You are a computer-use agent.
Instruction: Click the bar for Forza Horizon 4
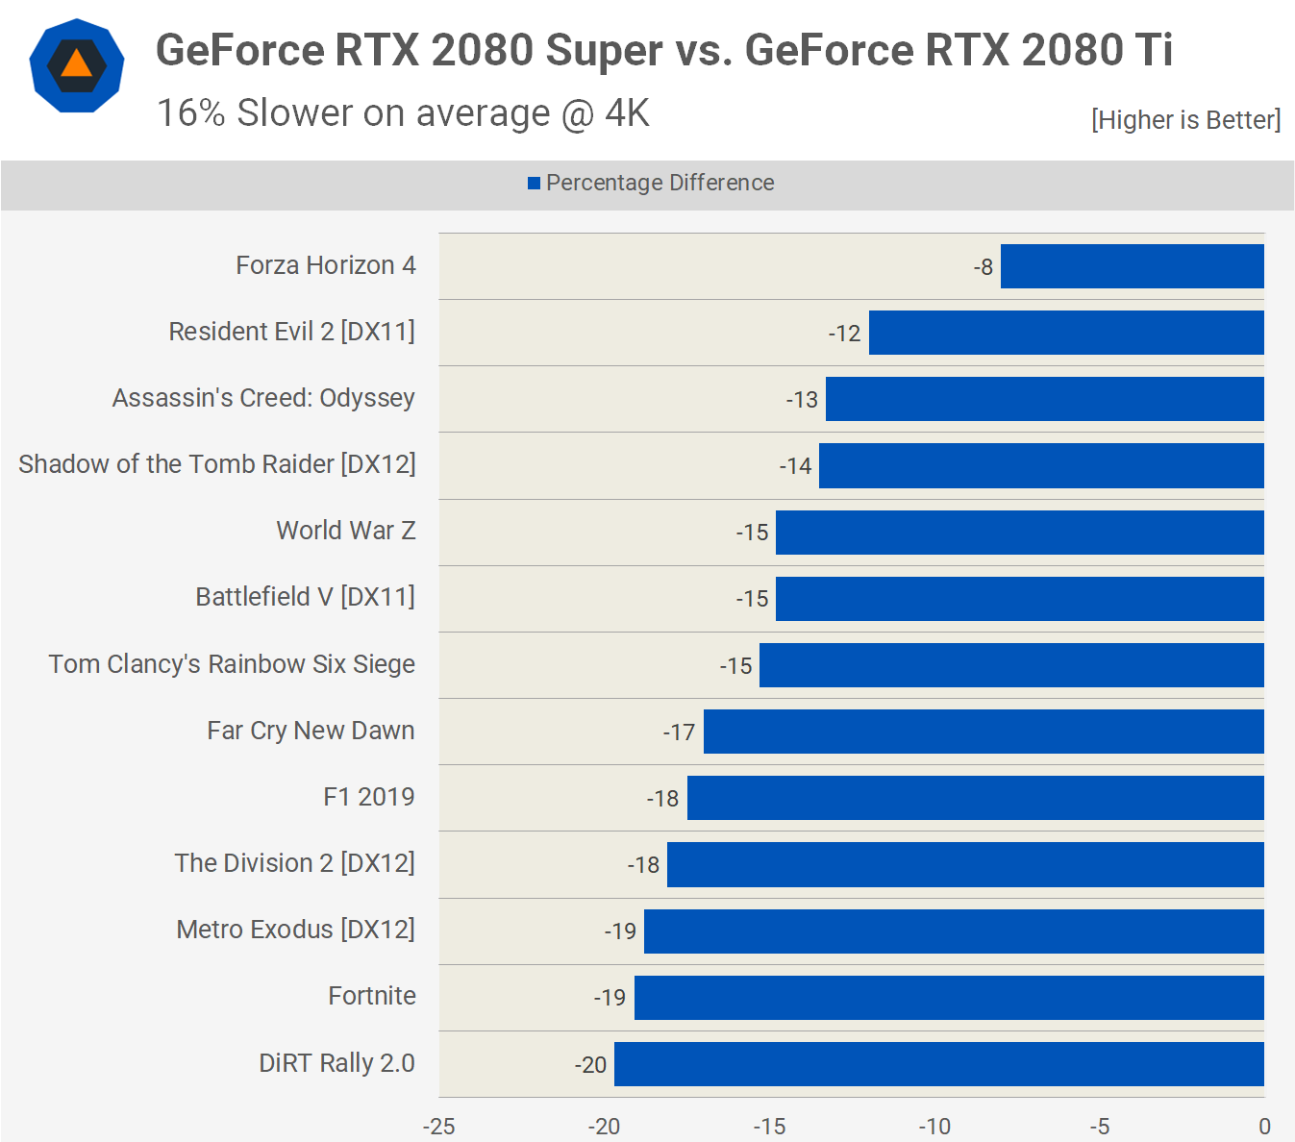1132,266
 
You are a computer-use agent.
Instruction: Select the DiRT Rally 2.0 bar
938,1064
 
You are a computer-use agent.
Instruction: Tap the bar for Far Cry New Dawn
983,732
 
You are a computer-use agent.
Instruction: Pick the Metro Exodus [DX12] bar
953,931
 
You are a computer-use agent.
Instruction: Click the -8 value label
983,267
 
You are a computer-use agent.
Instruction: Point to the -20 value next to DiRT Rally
590,1065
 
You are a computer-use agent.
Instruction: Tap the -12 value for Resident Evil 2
844,334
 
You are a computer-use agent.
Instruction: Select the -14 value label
795,466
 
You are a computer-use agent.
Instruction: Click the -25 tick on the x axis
438,1127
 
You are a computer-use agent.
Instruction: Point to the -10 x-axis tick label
934,1127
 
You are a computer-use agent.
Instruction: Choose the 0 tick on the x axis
1264,1127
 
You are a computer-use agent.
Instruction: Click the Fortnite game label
372,996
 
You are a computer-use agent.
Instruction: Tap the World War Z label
346,531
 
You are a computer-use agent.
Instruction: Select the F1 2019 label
369,797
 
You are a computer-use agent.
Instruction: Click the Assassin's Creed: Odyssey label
263,398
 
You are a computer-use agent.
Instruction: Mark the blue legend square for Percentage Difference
534,184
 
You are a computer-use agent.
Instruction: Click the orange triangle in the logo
77,65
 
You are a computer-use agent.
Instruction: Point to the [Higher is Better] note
1185,120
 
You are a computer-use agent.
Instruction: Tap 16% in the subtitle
190,113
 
